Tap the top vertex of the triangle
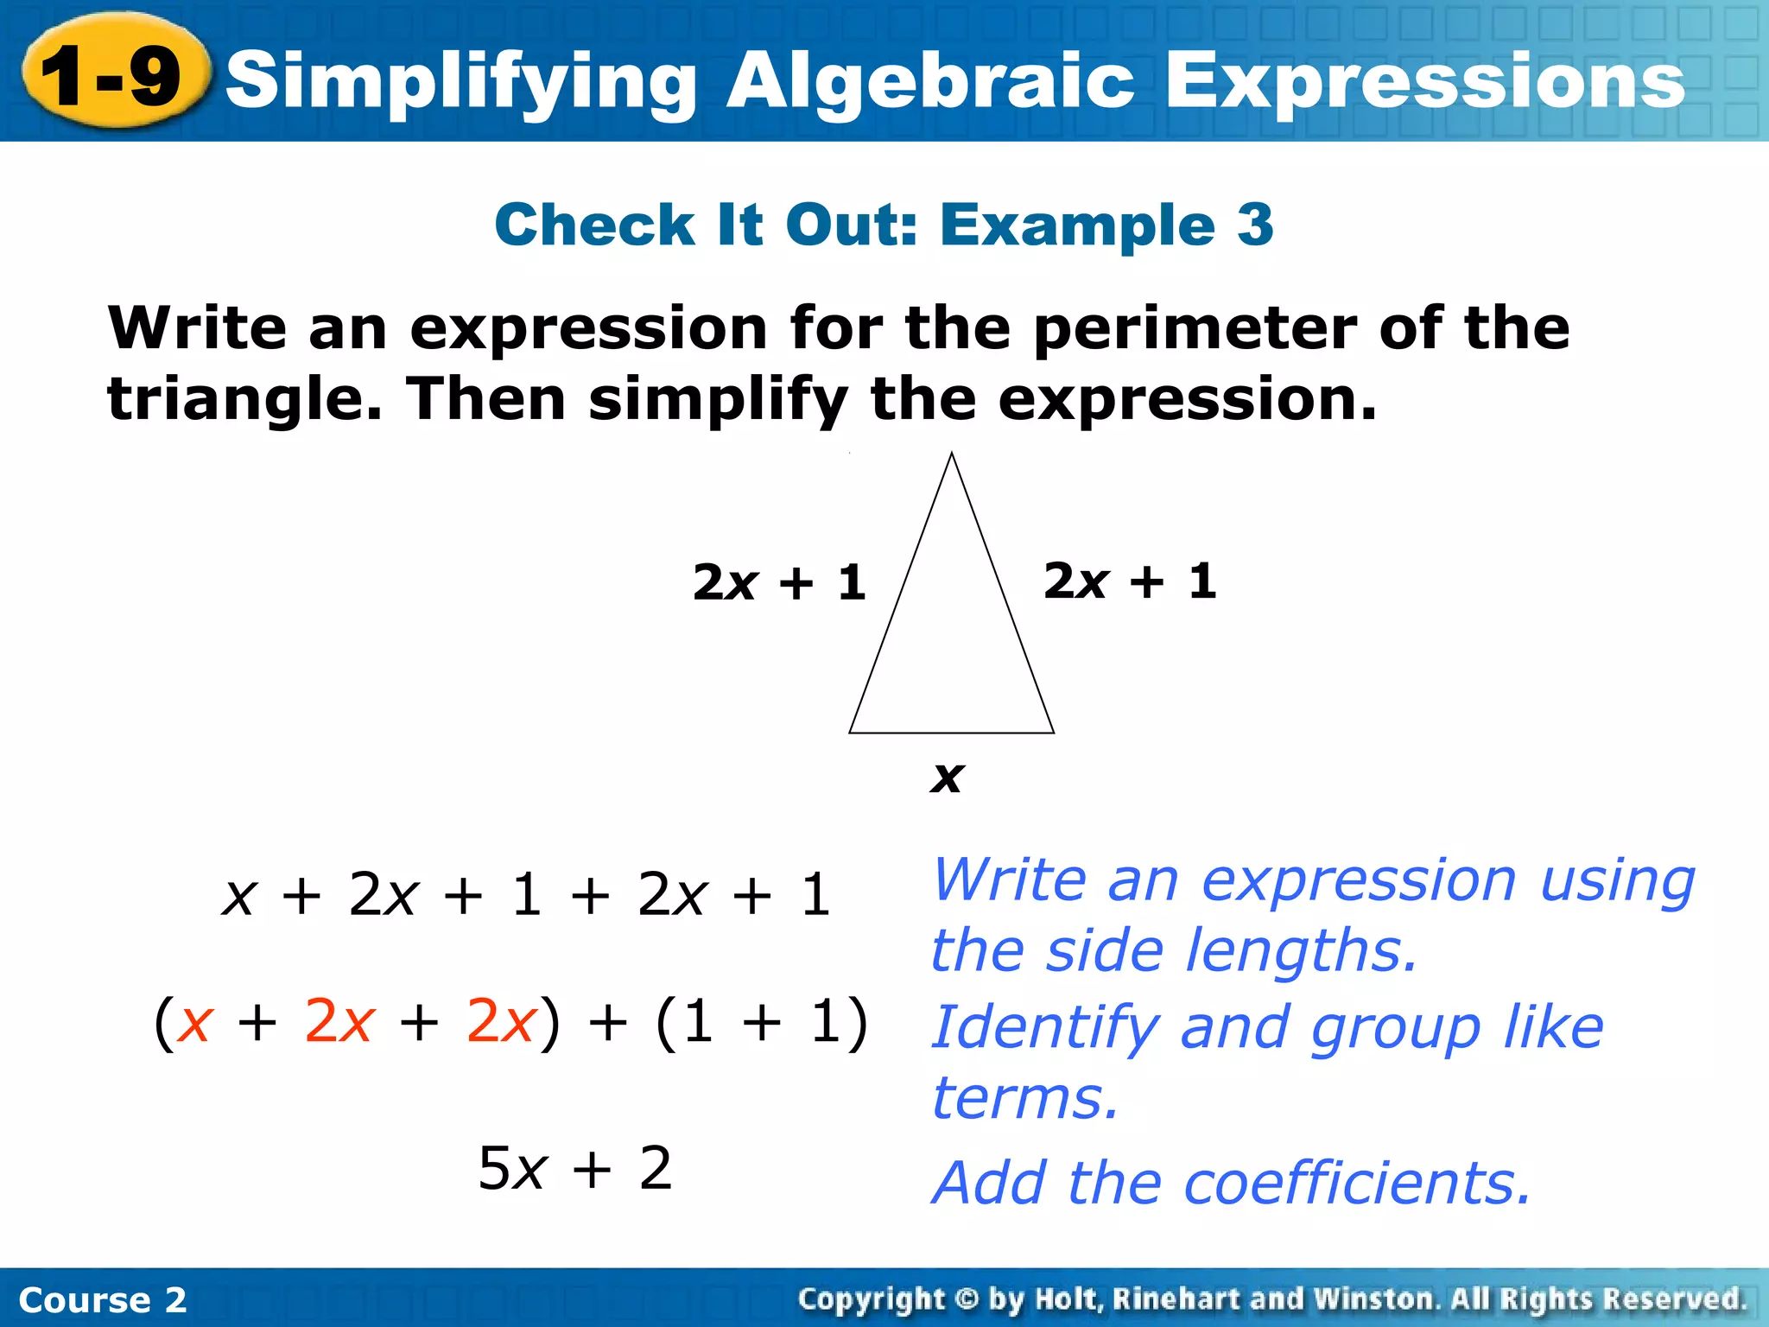(x=952, y=454)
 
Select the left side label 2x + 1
(x=779, y=582)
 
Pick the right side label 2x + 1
(x=1130, y=581)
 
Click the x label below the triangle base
(x=947, y=777)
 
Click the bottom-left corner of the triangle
(x=851, y=732)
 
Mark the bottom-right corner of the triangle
(x=1053, y=732)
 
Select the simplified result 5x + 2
(x=575, y=1169)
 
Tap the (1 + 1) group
(x=762, y=1023)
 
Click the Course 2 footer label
(x=103, y=1299)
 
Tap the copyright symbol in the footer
(x=967, y=1299)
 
